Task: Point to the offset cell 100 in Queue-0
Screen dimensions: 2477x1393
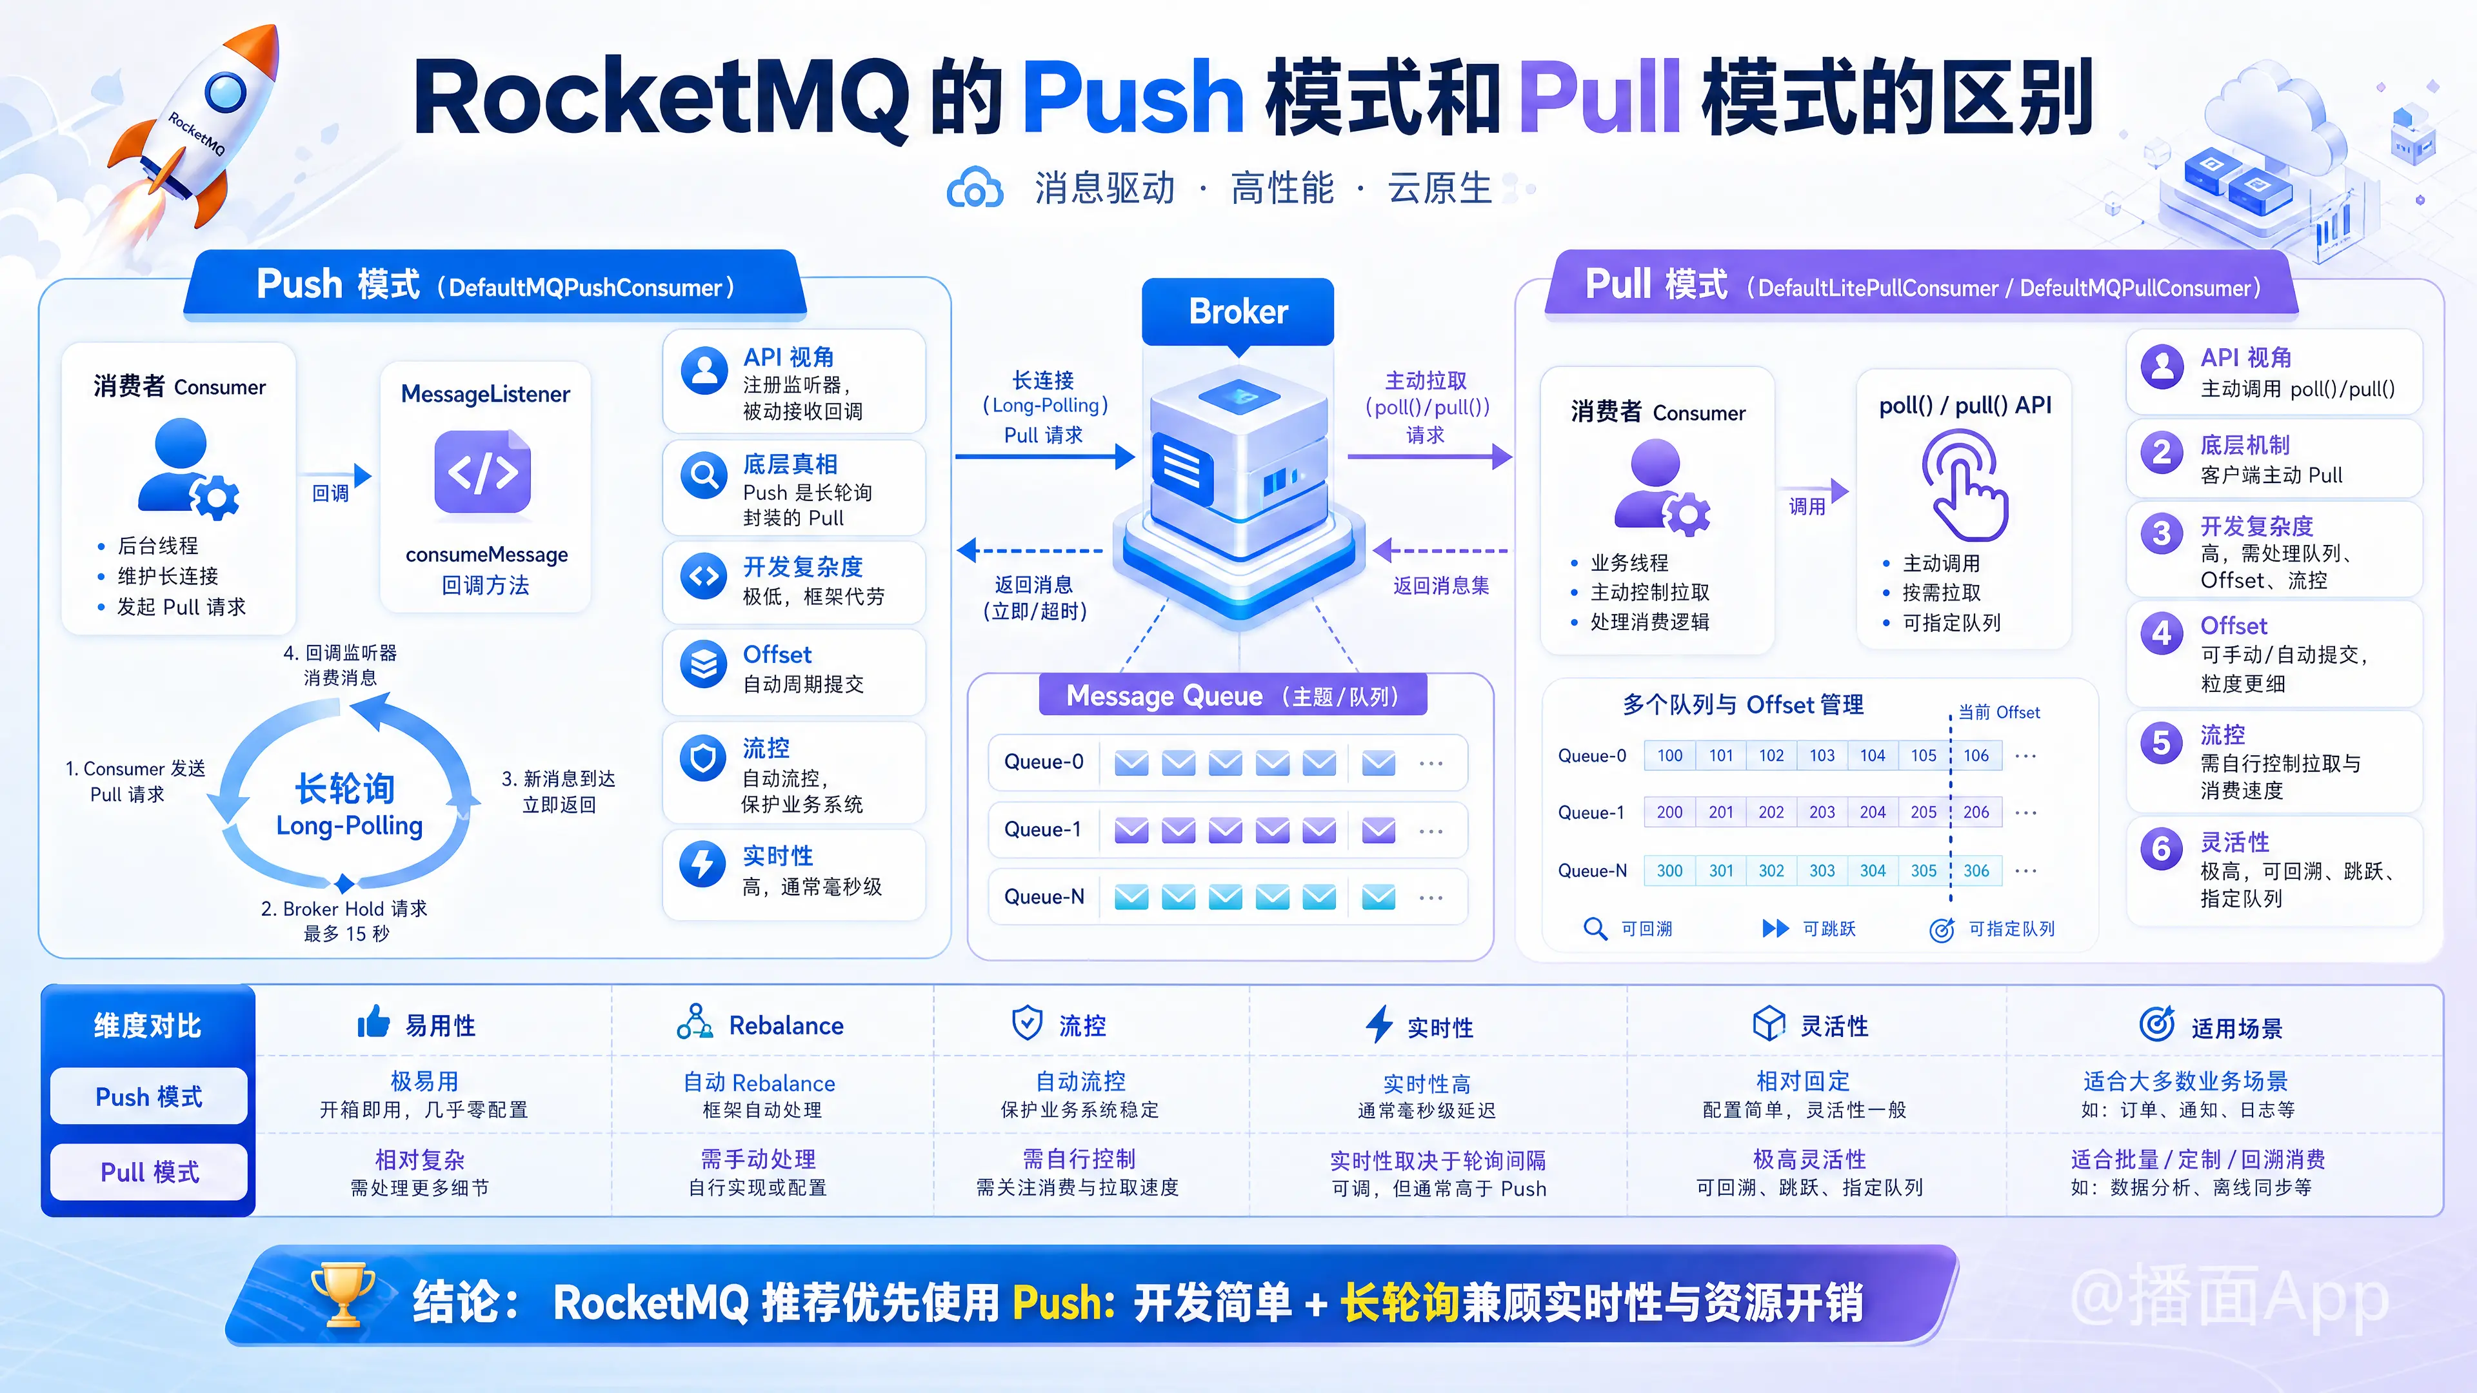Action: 1669,756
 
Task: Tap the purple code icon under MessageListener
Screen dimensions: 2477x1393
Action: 482,472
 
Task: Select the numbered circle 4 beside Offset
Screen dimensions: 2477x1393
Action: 2162,633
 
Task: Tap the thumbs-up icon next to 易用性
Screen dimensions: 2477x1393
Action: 373,1022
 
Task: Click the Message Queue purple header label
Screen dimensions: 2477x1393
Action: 1233,695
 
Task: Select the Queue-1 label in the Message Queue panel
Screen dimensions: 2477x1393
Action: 1042,829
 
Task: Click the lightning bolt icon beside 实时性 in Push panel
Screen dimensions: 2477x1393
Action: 703,862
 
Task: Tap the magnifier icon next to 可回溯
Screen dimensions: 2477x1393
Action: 1595,929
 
